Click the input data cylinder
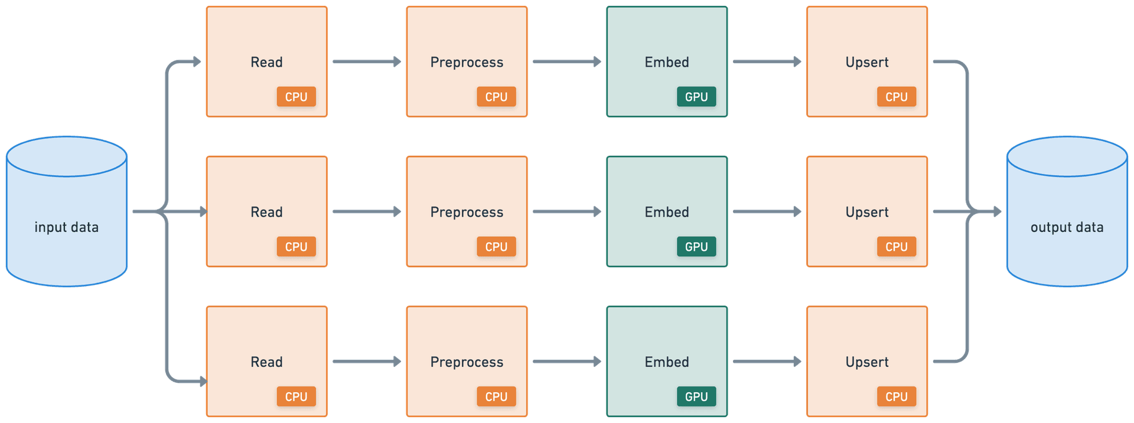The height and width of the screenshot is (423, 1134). [x=67, y=212]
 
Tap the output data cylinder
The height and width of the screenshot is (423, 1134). [x=1067, y=212]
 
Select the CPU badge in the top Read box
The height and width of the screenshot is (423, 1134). [x=296, y=97]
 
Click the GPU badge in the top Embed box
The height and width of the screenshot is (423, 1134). [x=696, y=97]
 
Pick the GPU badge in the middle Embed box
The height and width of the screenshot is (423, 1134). [x=696, y=247]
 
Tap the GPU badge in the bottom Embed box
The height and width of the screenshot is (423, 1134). [x=696, y=396]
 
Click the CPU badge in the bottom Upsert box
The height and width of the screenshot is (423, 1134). [x=897, y=396]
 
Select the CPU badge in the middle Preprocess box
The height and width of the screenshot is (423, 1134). [x=496, y=247]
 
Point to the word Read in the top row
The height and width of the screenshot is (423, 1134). [x=266, y=62]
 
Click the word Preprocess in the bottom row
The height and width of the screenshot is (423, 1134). [x=467, y=362]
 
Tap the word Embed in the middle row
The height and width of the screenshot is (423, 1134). [x=667, y=212]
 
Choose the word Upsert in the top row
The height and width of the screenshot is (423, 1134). [x=867, y=63]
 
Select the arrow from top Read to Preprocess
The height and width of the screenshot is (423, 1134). [x=367, y=61]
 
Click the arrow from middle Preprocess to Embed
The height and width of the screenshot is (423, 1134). [x=567, y=211]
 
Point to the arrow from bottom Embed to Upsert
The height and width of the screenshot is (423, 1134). [x=767, y=361]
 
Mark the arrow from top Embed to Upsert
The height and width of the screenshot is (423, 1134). [x=767, y=61]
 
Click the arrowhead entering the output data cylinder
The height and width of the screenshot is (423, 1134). [x=998, y=211]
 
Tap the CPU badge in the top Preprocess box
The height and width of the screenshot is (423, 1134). [x=496, y=97]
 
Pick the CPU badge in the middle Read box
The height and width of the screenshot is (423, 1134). [x=296, y=247]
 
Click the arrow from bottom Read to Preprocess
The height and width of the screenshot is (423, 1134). [x=367, y=361]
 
